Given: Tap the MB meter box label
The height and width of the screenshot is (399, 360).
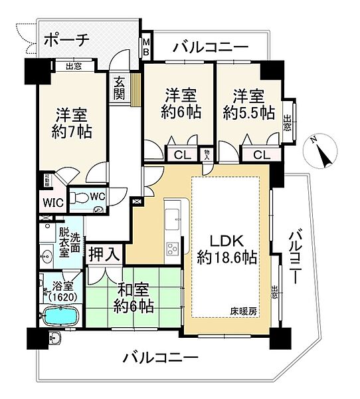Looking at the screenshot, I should pyautogui.click(x=146, y=49).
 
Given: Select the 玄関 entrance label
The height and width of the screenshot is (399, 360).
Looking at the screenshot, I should pyautogui.click(x=120, y=88).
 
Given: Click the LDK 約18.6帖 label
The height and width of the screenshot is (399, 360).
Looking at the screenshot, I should pyautogui.click(x=227, y=247).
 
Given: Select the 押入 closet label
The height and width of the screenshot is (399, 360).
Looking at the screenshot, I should pyautogui.click(x=104, y=253).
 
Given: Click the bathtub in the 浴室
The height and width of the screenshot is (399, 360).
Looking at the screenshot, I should pyautogui.click(x=62, y=317).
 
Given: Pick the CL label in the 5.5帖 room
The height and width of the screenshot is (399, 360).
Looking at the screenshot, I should pyautogui.click(x=260, y=155).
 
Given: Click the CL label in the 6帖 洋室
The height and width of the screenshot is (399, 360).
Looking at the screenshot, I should pyautogui.click(x=181, y=155).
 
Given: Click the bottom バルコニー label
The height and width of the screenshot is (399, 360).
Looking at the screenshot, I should pyautogui.click(x=159, y=358).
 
